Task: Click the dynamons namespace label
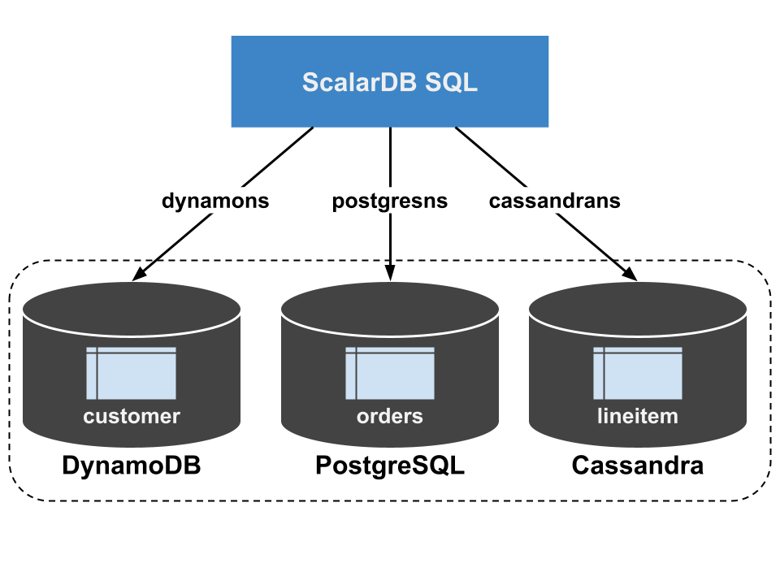(x=215, y=201)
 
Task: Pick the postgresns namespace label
(x=390, y=201)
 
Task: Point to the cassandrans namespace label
(x=555, y=201)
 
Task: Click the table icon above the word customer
(x=132, y=374)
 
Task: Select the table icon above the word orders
(x=390, y=374)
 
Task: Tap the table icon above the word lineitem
(x=638, y=374)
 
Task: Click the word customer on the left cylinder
(x=132, y=417)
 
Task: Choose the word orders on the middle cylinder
(x=390, y=417)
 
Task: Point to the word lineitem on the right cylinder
(x=638, y=417)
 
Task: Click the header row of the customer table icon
(x=136, y=351)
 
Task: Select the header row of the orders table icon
(x=395, y=351)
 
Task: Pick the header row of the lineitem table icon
(x=643, y=351)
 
